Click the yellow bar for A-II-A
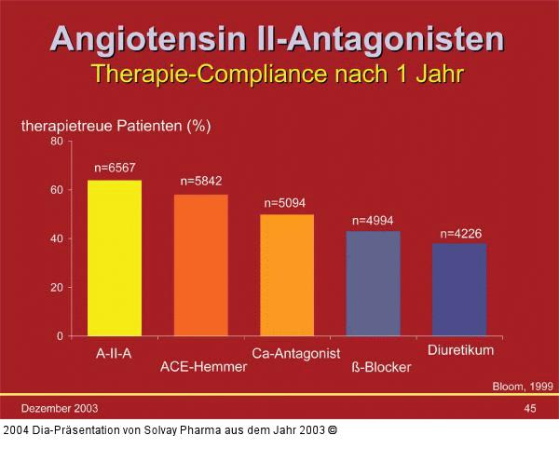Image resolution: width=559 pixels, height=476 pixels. pos(115,258)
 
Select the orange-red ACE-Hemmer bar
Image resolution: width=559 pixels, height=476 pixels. pos(200,265)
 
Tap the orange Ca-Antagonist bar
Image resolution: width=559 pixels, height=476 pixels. pos(287,275)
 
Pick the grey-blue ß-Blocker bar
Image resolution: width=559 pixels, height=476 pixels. pos(373,283)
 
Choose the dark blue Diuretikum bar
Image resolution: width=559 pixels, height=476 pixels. pos(459,289)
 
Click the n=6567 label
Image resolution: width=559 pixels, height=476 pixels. pos(116,169)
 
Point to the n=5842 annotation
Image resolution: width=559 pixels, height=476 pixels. pos(201,181)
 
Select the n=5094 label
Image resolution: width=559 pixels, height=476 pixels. pos(285,202)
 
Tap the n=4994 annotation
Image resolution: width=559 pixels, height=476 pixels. pos(373,221)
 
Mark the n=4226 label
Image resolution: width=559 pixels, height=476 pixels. pos(460,233)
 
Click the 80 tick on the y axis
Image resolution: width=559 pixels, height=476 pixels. pos(57,142)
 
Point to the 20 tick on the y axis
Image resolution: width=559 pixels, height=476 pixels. pos(57,287)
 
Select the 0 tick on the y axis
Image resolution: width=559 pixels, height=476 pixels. pos(60,335)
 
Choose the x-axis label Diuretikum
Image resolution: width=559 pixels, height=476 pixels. pos(460,350)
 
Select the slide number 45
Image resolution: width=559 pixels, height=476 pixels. pos(530,408)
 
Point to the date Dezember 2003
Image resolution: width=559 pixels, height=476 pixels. pos(60,408)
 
